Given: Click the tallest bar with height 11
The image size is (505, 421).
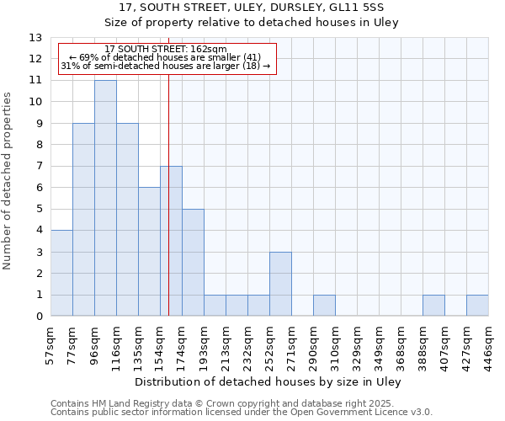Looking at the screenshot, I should [x=105, y=198].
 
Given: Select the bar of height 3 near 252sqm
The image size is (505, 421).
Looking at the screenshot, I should [x=280, y=284].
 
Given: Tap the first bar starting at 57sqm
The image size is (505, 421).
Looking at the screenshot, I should [x=61, y=274].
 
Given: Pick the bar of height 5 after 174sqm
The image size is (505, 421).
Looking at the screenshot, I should [x=193, y=263].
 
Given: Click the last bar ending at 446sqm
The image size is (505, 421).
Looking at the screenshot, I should [x=477, y=306].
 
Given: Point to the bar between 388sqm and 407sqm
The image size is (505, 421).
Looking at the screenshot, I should [x=433, y=306].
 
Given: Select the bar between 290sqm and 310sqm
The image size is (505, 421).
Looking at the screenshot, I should [x=324, y=306].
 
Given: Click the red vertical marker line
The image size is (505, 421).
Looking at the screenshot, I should [x=168, y=210].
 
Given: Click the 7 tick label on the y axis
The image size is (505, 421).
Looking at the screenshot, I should [x=39, y=167].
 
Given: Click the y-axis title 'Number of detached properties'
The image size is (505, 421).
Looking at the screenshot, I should [x=8, y=181].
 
